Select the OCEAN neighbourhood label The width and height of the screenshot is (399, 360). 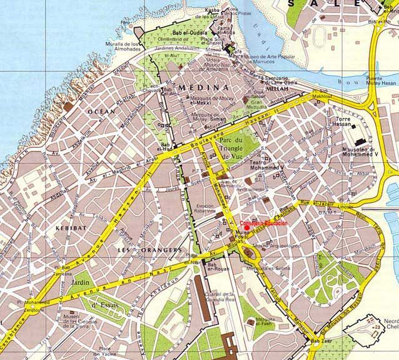[102, 111]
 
